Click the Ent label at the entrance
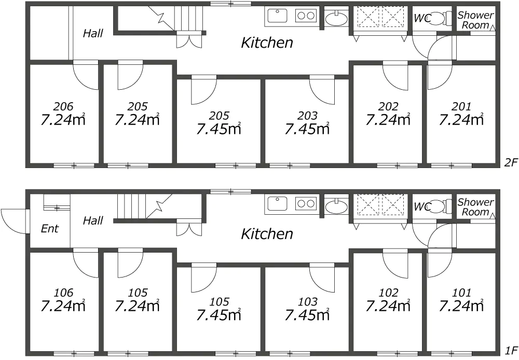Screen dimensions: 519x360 [x=50, y=228]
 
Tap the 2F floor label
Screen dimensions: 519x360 [x=511, y=162]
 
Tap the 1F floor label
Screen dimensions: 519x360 [x=511, y=350]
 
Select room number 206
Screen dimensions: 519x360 [x=63, y=106]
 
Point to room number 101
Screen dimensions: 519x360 [x=461, y=293]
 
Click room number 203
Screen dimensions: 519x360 [x=307, y=116]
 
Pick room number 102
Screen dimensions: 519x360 [x=388, y=293]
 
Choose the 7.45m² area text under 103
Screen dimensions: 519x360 [x=307, y=314]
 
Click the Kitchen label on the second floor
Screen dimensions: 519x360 [x=267, y=43]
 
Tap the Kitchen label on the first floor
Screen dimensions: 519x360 [x=267, y=234]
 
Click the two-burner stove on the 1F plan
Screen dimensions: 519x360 [x=306, y=203]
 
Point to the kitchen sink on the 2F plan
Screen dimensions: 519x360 [x=277, y=16]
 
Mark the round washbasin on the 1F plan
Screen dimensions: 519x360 [x=336, y=207]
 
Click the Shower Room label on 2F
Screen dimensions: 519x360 [x=475, y=20]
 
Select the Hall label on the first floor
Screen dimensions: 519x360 [x=93, y=220]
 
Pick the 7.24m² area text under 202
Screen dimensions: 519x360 [x=388, y=119]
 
